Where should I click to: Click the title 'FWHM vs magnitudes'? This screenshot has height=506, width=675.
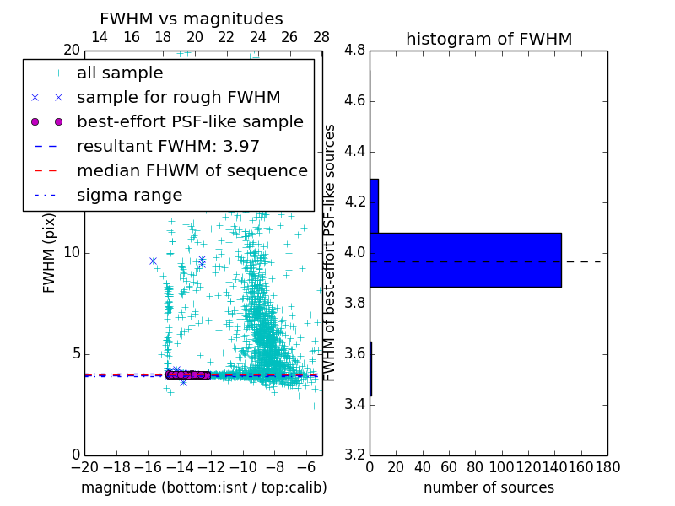click(x=192, y=19)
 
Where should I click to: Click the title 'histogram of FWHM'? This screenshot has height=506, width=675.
click(x=489, y=39)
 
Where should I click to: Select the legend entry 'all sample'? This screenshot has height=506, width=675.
click(x=120, y=73)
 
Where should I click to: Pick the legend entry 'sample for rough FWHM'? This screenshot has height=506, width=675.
click(x=178, y=97)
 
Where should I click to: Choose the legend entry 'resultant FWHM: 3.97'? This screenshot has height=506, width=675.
click(x=168, y=146)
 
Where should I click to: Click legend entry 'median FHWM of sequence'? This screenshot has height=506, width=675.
click(x=192, y=170)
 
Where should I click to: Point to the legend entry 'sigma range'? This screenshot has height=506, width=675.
click(x=129, y=195)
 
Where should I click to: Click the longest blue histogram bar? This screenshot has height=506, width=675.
click(x=465, y=260)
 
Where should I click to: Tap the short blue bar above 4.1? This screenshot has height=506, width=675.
click(x=374, y=206)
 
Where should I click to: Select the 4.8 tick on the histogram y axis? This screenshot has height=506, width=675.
click(x=354, y=51)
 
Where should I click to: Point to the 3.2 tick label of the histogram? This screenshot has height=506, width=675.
click(x=354, y=455)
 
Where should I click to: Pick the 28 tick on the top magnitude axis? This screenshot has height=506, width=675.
click(x=321, y=37)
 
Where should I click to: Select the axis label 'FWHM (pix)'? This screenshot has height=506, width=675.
click(x=50, y=253)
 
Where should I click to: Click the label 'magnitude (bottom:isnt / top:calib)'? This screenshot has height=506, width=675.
click(x=203, y=487)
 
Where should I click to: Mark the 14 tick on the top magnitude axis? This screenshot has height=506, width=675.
click(x=99, y=37)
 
